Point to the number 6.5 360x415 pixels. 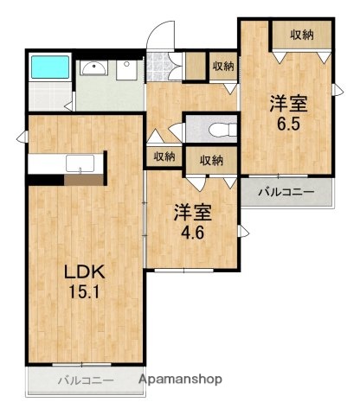[288, 124]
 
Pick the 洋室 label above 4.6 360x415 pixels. [192, 211]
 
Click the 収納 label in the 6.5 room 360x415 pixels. [302, 35]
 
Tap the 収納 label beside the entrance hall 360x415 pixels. [223, 67]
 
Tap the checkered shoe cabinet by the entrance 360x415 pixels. [159, 65]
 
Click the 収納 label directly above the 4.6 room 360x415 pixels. [212, 160]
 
